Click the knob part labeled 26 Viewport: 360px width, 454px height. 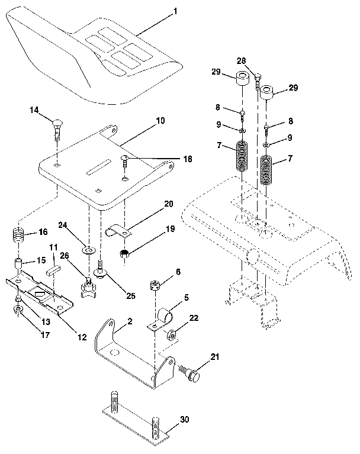click(88, 288)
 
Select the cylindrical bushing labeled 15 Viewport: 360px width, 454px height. click(21, 262)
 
